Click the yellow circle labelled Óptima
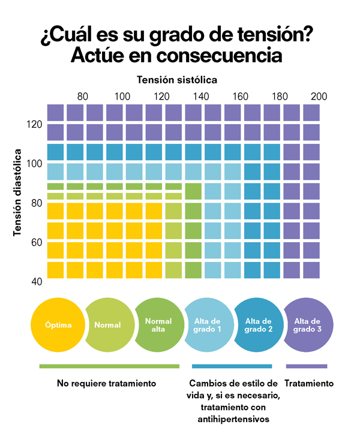[58, 326]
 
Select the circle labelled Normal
[109, 326]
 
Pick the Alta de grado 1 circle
[209, 325]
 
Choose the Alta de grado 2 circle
[259, 325]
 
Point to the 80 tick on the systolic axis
[83, 96]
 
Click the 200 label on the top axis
[319, 96]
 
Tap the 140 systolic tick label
[201, 96]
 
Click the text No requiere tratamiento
[107, 383]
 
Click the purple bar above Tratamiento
[307, 366]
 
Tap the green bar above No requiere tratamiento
[109, 366]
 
